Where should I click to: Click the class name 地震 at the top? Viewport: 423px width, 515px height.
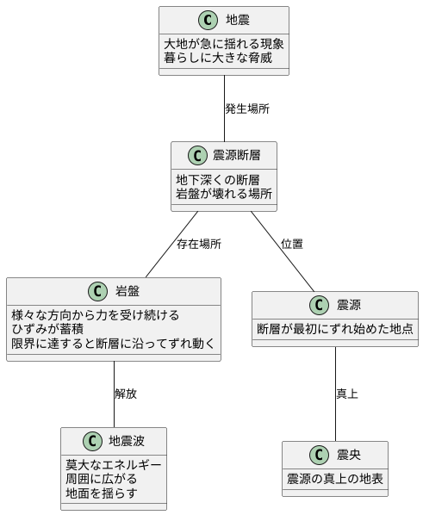[x=237, y=20]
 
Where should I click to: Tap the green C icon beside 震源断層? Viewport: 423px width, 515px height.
[x=199, y=156]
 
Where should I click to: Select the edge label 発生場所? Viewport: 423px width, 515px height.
[x=246, y=109]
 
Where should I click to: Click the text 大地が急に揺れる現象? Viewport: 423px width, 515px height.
[x=223, y=43]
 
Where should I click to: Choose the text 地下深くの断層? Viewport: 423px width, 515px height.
[x=218, y=179]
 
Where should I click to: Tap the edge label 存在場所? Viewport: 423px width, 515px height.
[x=198, y=245]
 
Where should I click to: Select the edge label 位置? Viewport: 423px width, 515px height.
[x=292, y=245]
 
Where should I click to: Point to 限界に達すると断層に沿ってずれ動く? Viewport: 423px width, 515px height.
[x=113, y=344]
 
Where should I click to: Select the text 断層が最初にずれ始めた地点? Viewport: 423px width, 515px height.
[x=335, y=329]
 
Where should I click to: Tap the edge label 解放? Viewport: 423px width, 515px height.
[x=125, y=394]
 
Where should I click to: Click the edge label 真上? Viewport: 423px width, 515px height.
[x=346, y=394]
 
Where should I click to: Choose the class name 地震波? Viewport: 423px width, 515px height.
[x=127, y=442]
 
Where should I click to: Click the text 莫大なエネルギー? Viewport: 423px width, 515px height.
[x=113, y=465]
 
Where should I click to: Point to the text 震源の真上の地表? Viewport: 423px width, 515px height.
[x=334, y=479]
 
